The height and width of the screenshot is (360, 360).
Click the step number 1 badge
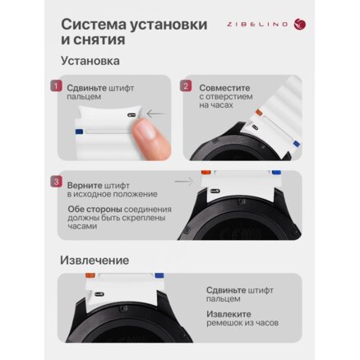coord(56,86)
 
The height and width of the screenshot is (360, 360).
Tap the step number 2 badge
coord(186,86)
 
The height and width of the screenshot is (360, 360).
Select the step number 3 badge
coord(56,182)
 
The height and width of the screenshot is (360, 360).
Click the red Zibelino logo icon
coord(300,24)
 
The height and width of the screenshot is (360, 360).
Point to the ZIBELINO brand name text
coord(257,25)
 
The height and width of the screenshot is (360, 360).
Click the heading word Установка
coord(90,61)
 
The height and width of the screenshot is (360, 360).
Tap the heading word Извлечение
coord(95,260)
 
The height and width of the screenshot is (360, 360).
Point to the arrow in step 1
coord(155,113)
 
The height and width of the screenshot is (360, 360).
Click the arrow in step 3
coord(184,182)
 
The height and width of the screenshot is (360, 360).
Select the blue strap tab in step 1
coord(79,132)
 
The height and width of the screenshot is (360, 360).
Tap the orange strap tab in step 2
coord(259,112)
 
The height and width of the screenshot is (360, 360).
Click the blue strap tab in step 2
coord(296,144)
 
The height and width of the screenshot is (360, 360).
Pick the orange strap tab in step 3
coord(206,173)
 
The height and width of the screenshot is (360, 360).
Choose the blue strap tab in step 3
coord(276,173)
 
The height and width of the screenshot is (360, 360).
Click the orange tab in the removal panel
coord(90,275)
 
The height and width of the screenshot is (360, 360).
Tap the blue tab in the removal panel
coord(159,275)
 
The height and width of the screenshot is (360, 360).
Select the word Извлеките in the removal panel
coord(228,314)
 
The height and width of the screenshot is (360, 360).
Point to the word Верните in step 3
coord(85,186)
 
